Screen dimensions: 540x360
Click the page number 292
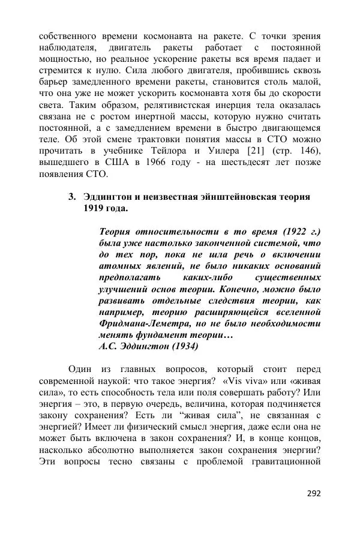313,493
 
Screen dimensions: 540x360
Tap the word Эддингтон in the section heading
109,197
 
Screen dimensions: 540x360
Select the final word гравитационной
281,461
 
